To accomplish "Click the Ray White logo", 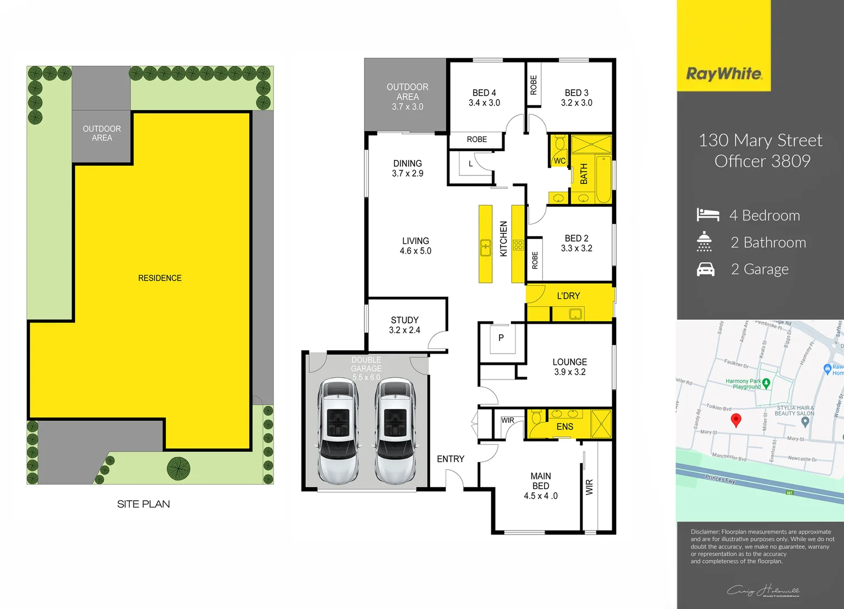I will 724,74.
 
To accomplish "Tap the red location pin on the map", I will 736,420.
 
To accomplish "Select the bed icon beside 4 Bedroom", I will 708,215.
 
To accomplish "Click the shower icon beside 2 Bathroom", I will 704,241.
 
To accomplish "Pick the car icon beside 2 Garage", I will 705,269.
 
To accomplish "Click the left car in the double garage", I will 338,431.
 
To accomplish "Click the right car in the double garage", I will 395,431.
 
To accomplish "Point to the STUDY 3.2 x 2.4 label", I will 405,325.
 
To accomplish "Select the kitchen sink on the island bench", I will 485,248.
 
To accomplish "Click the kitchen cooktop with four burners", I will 518,245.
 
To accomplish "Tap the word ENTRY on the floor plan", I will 450,459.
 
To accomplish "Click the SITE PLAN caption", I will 143,504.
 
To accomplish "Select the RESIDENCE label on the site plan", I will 160,278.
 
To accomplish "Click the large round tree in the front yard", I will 178,468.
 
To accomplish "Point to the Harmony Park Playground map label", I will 744,384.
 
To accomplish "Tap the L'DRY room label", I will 568,295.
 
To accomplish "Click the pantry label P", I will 501,338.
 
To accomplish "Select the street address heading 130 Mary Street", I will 761,140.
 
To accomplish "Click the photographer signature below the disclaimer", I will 763,590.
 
